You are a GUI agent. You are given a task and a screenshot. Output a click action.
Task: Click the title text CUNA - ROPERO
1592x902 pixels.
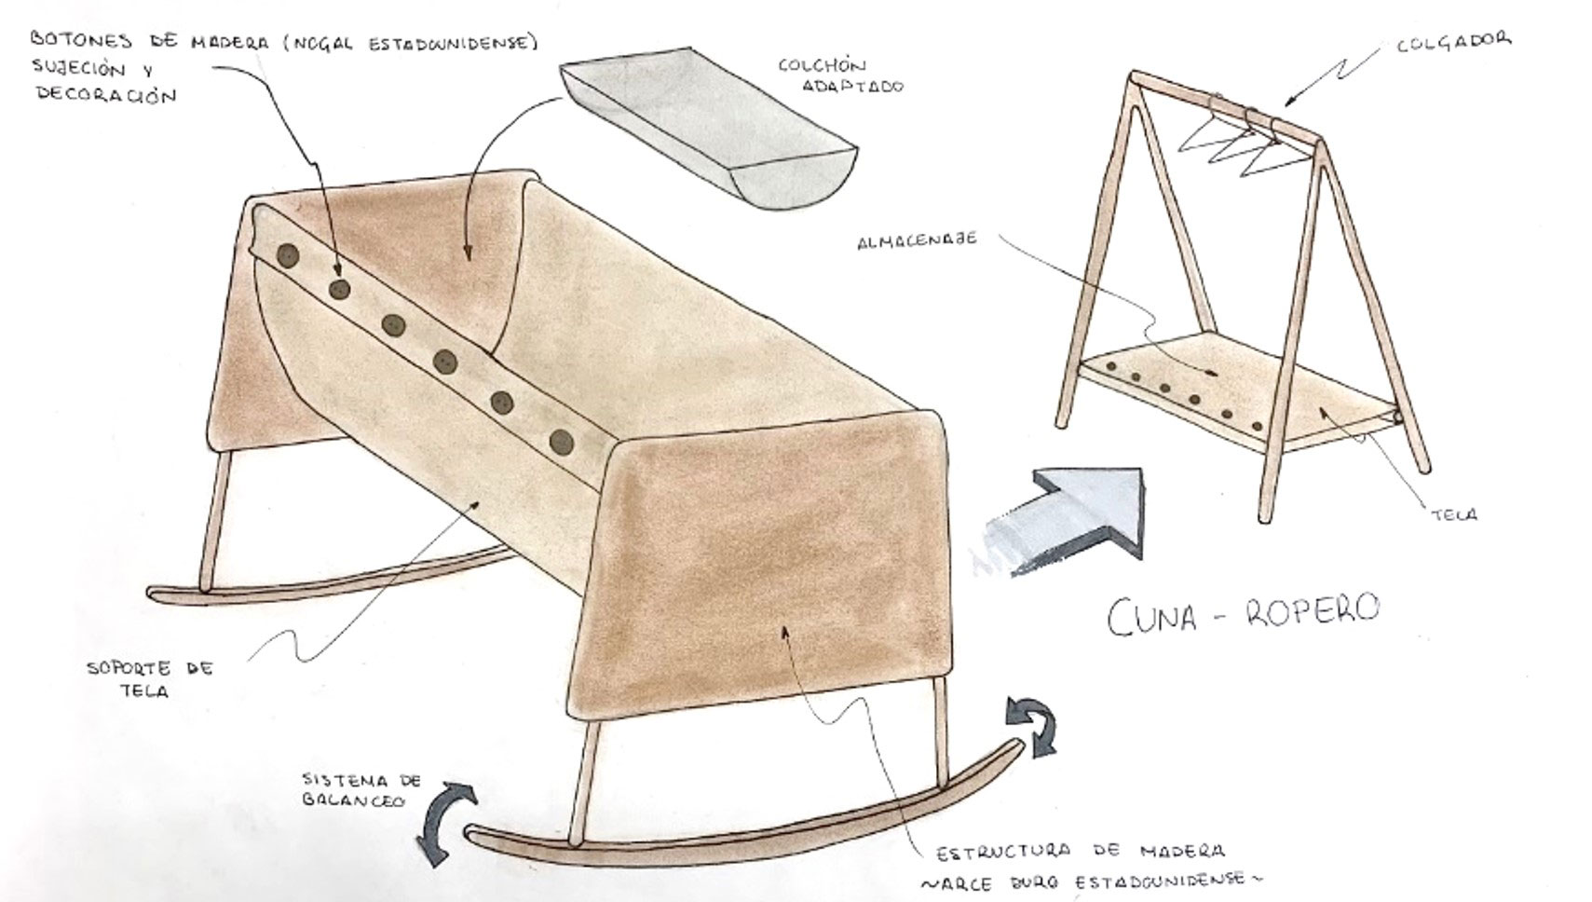(1243, 613)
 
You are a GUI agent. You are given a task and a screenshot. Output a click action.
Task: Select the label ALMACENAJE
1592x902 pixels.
(917, 240)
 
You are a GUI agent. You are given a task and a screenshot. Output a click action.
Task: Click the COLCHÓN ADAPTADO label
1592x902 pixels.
(841, 75)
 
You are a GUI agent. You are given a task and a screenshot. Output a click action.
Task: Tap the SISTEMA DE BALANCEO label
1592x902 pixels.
(361, 789)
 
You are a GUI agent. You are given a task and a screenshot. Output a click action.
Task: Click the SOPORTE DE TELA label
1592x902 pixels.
(150, 679)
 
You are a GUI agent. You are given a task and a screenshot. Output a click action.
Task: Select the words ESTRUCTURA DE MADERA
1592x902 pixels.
(1081, 851)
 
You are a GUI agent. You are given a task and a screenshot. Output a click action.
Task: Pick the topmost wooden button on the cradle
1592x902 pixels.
(287, 256)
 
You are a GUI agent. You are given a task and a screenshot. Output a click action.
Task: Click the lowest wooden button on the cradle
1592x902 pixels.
(562, 442)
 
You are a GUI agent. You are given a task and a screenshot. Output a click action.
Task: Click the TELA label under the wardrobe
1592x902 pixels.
(1454, 514)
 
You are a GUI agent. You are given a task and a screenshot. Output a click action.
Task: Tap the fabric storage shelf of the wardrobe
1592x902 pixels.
(1237, 391)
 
